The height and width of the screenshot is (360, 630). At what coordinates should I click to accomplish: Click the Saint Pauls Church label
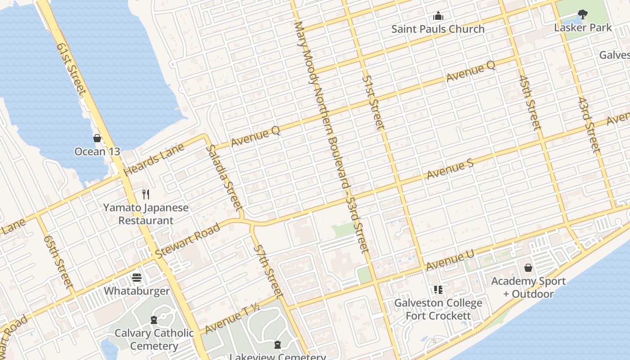click(437, 29)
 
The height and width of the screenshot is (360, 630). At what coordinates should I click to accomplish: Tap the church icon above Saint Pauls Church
click(438, 17)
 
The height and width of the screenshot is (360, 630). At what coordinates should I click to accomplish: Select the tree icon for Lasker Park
click(582, 15)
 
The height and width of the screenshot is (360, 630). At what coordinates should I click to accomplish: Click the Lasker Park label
click(582, 28)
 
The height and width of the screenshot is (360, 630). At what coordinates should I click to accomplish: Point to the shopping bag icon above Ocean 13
click(97, 138)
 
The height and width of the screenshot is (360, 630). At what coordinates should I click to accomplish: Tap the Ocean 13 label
click(97, 152)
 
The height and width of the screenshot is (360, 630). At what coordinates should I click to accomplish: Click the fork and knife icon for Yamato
click(145, 194)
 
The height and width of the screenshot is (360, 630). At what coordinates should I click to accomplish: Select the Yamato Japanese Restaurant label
click(145, 214)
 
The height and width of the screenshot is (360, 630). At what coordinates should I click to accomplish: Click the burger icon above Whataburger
click(137, 278)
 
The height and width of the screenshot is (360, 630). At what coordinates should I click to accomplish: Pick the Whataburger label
click(137, 291)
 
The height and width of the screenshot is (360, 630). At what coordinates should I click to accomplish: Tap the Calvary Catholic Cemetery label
click(153, 340)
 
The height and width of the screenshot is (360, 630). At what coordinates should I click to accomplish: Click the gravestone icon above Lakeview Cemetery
click(278, 345)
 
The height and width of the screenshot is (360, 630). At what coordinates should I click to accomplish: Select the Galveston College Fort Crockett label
click(438, 309)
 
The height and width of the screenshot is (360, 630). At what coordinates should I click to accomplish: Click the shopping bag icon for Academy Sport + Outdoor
click(528, 268)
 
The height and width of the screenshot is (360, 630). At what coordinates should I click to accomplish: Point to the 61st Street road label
click(72, 68)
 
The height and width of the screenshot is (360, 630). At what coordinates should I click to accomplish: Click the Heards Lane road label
click(154, 159)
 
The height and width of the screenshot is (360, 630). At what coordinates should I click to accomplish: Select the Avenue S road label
click(450, 169)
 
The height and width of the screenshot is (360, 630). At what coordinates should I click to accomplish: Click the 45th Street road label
click(529, 103)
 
